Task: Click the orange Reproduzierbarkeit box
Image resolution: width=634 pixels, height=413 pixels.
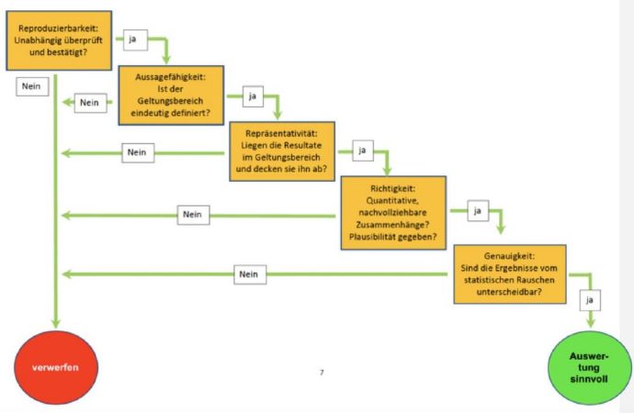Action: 59,40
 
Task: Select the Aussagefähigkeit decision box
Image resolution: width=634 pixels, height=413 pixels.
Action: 171,95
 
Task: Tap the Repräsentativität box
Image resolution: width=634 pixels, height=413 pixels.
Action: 282,151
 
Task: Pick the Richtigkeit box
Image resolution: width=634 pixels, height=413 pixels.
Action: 393,213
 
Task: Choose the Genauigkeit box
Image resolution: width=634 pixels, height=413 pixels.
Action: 510,274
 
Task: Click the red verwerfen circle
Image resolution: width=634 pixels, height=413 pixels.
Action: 56,367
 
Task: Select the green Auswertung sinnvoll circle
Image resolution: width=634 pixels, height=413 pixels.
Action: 590,368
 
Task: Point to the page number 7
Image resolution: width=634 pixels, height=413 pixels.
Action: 322,373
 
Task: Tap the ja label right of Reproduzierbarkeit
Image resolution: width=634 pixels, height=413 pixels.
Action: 135,39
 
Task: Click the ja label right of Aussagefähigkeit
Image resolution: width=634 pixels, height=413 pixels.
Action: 253,96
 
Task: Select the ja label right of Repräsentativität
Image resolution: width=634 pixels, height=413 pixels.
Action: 363,151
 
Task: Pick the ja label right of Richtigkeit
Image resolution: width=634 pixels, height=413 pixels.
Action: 478,211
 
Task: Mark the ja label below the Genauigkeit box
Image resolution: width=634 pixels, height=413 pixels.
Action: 590,300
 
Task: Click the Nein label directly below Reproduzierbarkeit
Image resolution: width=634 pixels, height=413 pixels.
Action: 32,86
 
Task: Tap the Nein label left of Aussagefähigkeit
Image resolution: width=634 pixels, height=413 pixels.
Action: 91,103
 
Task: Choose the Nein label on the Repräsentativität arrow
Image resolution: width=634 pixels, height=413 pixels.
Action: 138,152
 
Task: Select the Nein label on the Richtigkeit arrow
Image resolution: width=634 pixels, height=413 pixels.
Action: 193,215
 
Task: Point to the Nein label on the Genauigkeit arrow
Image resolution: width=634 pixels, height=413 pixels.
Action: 250,274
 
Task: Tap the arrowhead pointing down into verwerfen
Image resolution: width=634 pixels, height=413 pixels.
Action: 56,323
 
